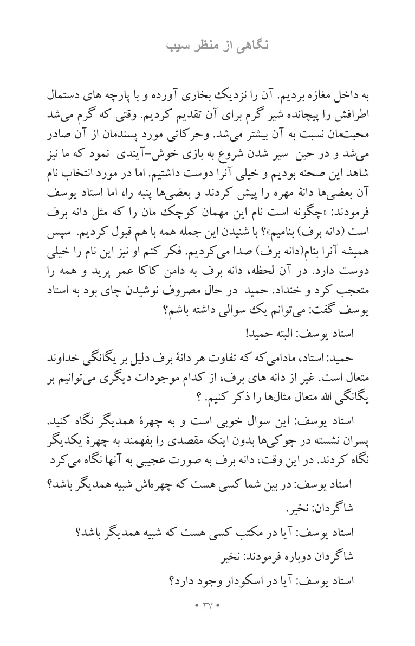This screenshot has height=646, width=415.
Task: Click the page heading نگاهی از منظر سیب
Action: tap(207, 44)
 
